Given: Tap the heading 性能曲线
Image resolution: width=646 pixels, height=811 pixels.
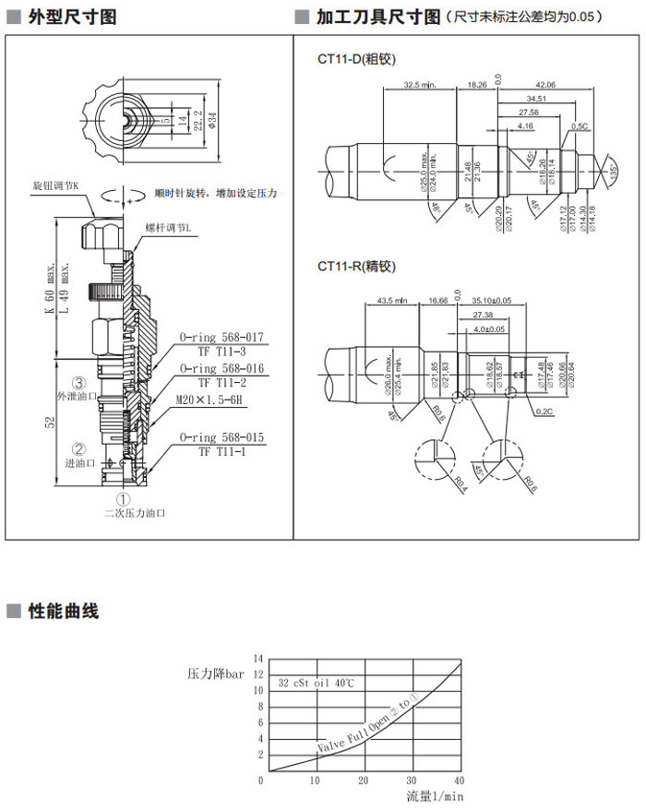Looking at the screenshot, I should pos(63,611).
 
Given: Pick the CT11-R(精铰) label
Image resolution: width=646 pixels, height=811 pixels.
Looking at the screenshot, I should pos(356,267).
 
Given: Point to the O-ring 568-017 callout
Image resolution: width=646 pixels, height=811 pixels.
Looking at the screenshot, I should pos(221,338).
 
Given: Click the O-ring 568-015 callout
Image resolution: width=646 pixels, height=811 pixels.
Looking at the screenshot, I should pos(221,437).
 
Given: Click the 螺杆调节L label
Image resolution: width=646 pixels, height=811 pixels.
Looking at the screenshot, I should pos(169,228).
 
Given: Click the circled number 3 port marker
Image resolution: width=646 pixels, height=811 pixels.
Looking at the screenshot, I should pos(80,383).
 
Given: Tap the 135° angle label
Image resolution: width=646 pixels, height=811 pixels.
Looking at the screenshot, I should pos(614,172).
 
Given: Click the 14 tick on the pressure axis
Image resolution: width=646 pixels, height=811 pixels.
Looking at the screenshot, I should pos(259,659).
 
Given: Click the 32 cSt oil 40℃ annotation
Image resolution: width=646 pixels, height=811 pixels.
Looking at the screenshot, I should pos(317,684).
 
